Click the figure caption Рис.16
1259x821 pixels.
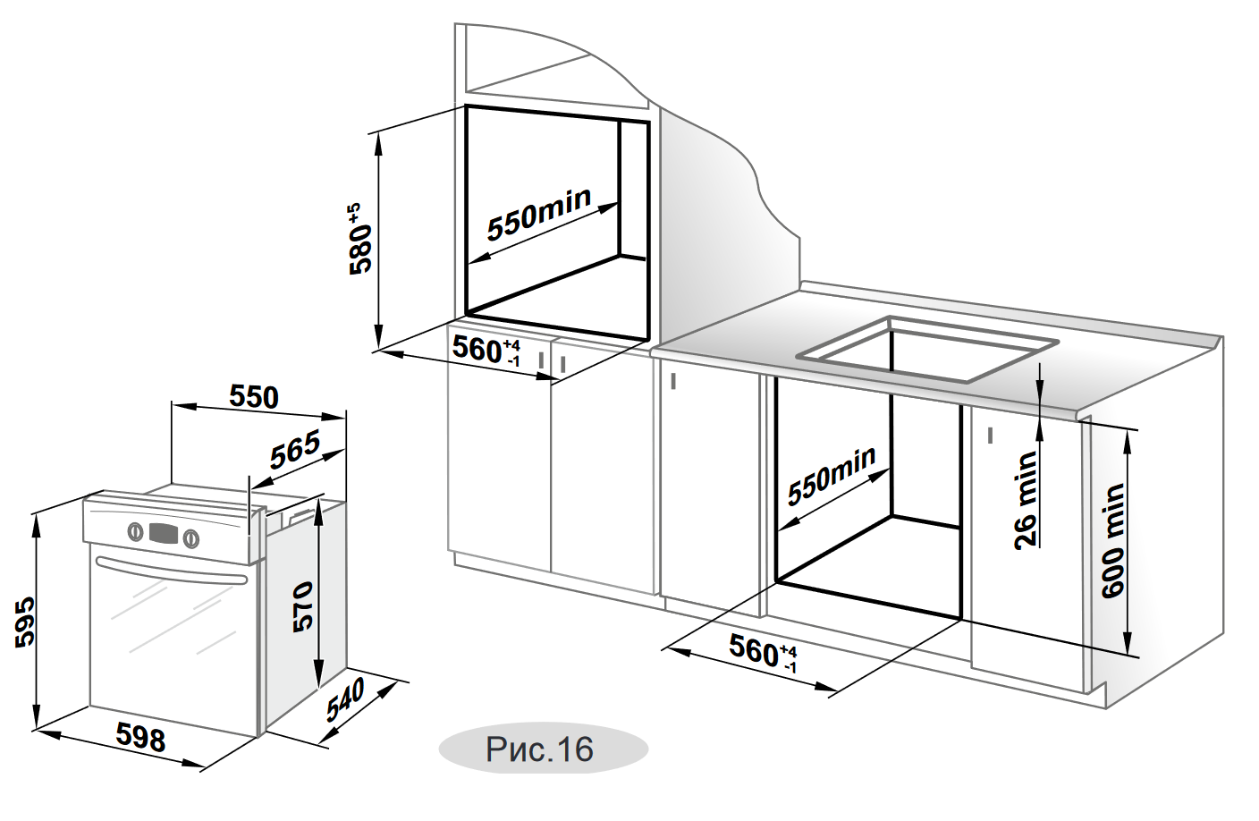tap(540, 749)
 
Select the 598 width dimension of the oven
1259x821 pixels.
tap(141, 737)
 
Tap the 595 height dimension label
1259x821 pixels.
tap(24, 621)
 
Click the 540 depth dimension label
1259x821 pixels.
tap(345, 699)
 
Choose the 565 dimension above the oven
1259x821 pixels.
tap(295, 449)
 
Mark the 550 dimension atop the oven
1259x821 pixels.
tap(254, 396)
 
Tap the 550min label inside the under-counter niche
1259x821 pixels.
tap(831, 475)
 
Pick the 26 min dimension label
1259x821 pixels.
tap(1026, 499)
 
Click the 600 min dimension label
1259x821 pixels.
tap(1113, 540)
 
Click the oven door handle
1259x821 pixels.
tap(171, 571)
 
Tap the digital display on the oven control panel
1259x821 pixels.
tap(163, 534)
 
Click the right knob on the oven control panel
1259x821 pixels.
tap(190, 538)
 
